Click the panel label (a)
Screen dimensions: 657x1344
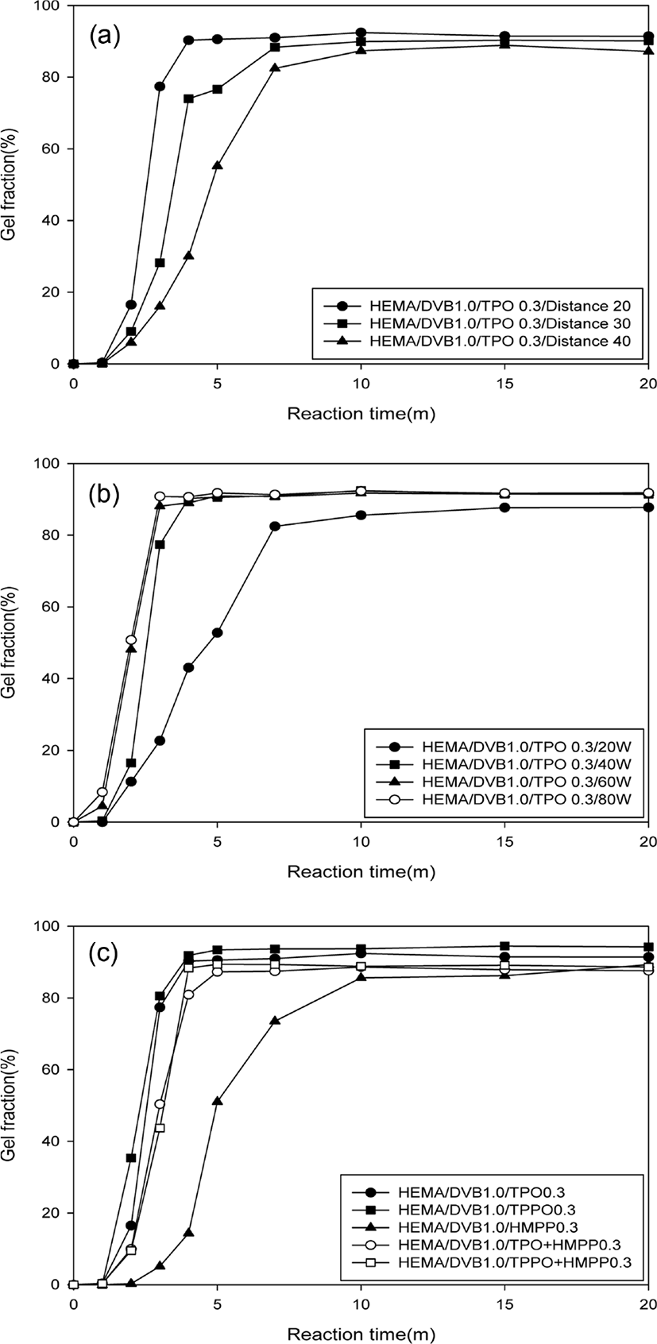105,37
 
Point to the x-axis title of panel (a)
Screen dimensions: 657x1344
361,414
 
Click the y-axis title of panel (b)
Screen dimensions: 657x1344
9,642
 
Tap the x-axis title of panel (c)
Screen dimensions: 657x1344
361,1334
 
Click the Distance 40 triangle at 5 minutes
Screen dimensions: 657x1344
217,165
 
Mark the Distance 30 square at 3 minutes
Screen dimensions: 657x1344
160,263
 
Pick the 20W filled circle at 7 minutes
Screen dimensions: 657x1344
275,526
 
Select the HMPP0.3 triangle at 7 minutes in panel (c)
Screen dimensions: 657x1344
275,1021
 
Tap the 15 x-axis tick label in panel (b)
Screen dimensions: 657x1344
505,842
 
